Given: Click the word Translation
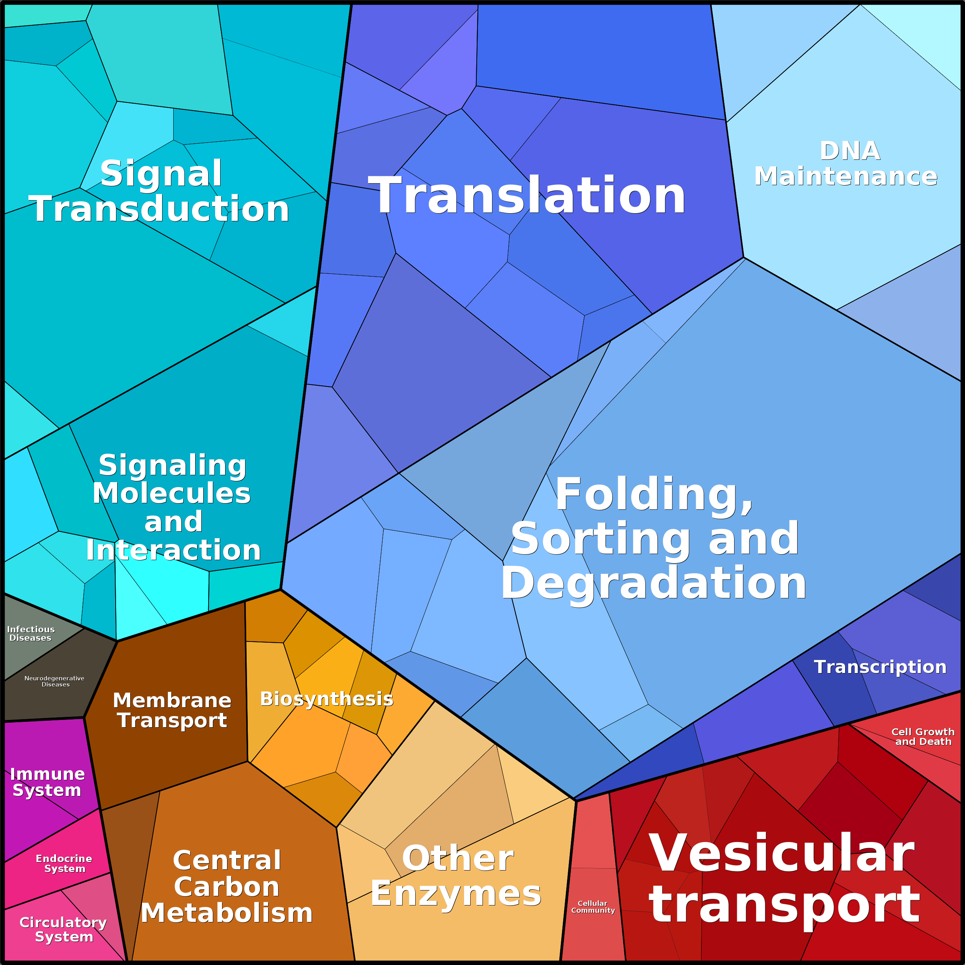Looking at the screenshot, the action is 527,195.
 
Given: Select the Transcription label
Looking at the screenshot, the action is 880,667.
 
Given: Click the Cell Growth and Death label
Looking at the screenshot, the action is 923,736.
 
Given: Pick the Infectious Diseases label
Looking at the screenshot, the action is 30,633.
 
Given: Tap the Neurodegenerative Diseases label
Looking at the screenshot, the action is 55,681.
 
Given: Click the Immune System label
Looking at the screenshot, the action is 47,782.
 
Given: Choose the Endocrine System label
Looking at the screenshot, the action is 64,863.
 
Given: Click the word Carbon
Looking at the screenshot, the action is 226,887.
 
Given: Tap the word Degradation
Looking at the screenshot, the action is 653,584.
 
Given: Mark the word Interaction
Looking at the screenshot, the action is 173,550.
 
